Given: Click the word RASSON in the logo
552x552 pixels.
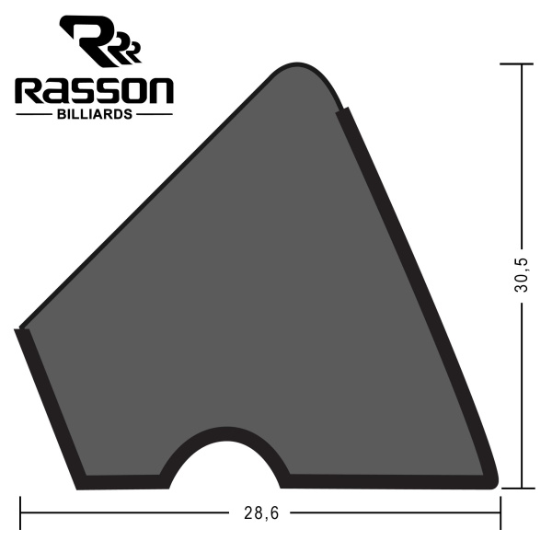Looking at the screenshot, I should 94,91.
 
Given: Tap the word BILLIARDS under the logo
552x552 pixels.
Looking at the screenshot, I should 94,115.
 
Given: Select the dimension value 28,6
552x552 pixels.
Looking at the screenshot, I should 261,513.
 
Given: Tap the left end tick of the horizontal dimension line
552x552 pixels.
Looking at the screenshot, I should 20,513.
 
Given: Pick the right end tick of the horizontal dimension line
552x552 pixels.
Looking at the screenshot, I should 500,513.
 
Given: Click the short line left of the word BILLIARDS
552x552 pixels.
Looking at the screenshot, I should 36,115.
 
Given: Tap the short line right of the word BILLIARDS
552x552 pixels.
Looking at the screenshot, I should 154,115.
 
